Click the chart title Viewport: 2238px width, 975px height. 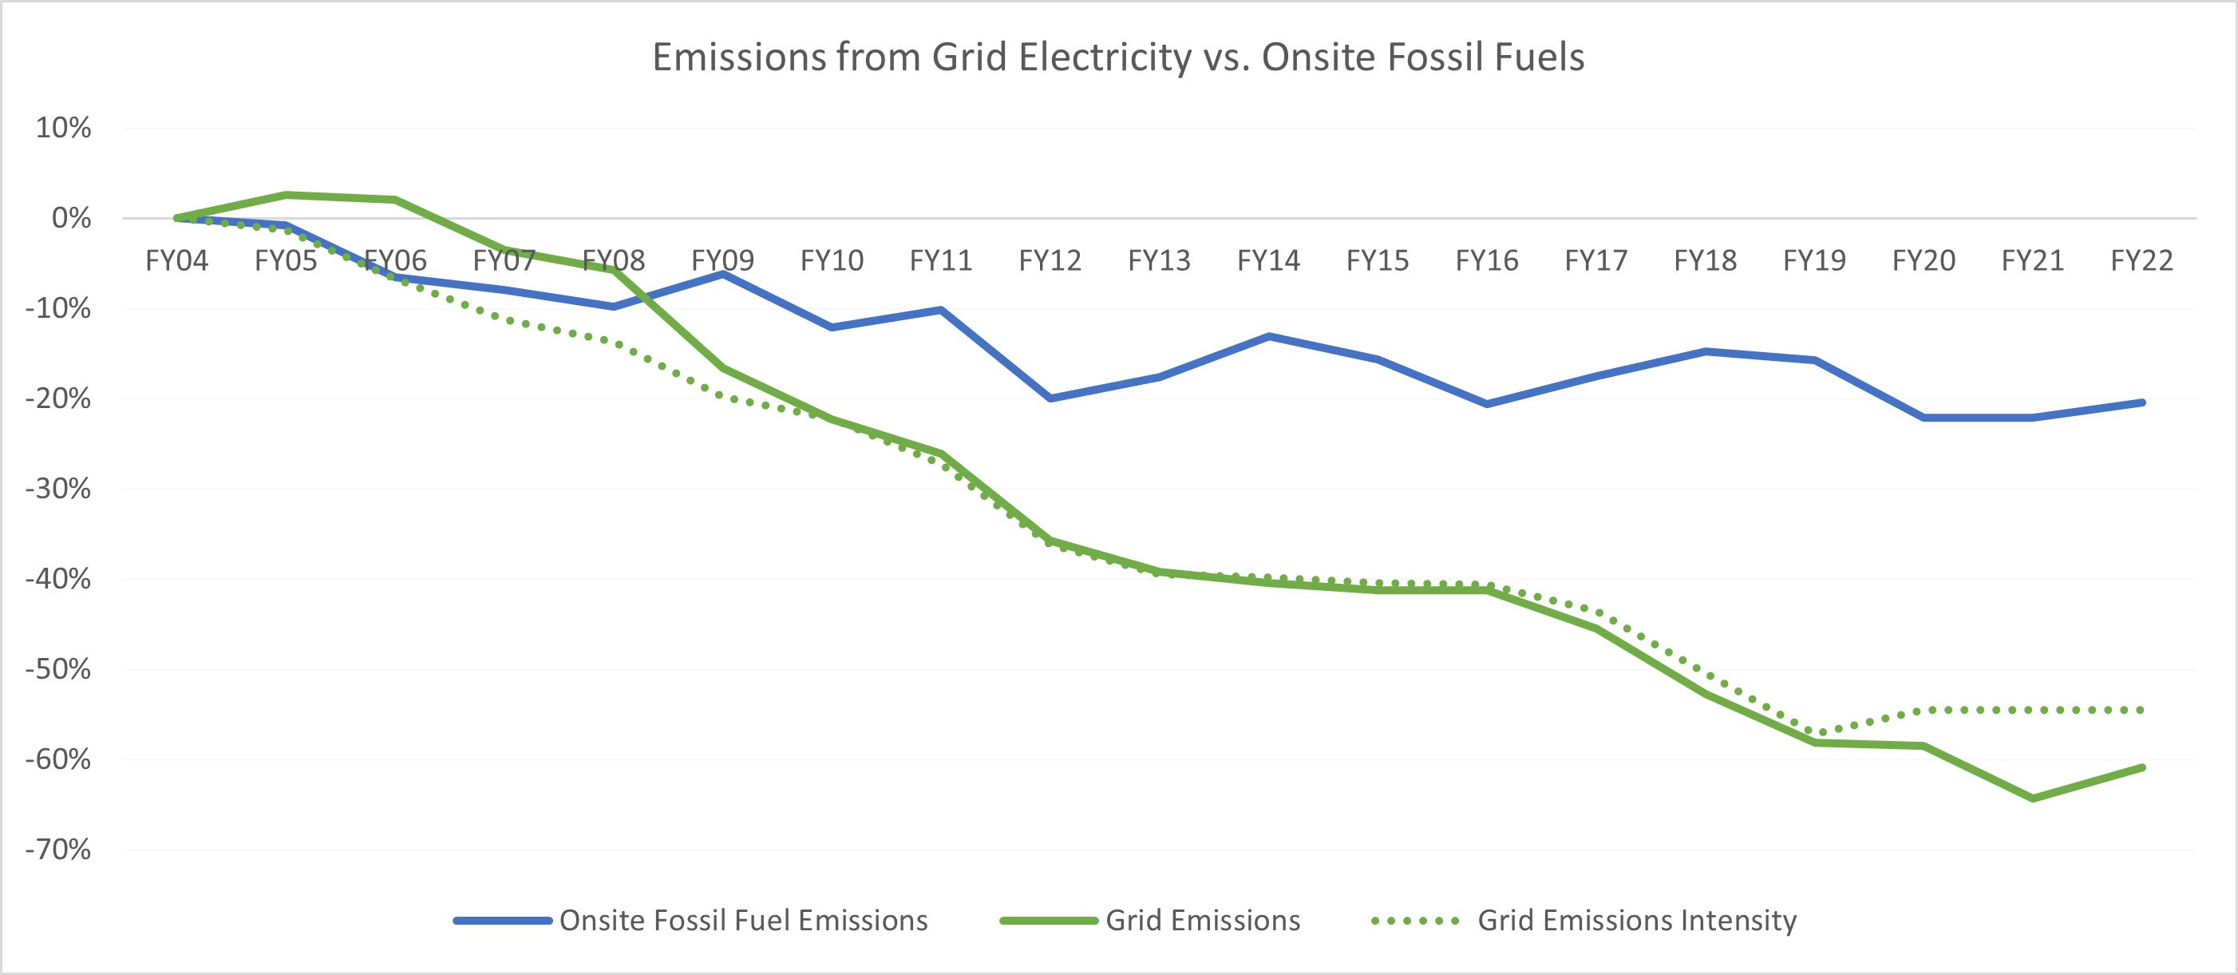pyautogui.click(x=1118, y=57)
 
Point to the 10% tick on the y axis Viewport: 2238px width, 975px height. pyautogui.click(x=63, y=128)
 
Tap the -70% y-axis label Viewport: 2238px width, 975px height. pyautogui.click(x=58, y=849)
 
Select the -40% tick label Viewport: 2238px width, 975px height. pyautogui.click(x=58, y=579)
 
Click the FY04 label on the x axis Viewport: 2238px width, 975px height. pyautogui.click(x=176, y=260)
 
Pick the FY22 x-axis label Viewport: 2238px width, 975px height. pyautogui.click(x=2141, y=260)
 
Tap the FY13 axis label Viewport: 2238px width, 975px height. pyautogui.click(x=1159, y=260)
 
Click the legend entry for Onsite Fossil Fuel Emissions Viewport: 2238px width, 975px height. pyautogui.click(x=743, y=920)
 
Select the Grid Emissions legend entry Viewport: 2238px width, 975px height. pyautogui.click(x=1202, y=920)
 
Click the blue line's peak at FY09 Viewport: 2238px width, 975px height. pyautogui.click(x=723, y=274)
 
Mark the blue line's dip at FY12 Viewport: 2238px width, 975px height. pyautogui.click(x=1050, y=398)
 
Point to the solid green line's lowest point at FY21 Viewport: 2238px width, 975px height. pyautogui.click(x=2033, y=798)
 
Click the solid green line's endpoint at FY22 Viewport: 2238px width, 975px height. pyautogui.click(x=2142, y=767)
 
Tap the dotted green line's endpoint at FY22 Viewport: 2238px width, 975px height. pyautogui.click(x=2142, y=710)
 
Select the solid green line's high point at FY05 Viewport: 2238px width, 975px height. pyautogui.click(x=286, y=195)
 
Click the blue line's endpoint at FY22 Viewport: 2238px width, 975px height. pyautogui.click(x=2142, y=402)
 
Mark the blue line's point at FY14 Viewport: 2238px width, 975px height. pyautogui.click(x=1268, y=335)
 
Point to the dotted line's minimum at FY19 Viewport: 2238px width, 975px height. pyautogui.click(x=1815, y=733)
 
